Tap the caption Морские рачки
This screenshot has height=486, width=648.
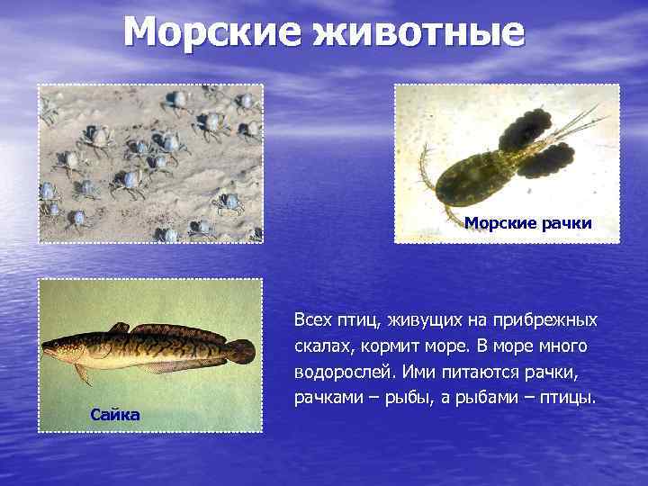pyautogui.click(x=528, y=223)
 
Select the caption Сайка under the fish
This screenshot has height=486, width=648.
pyautogui.click(x=115, y=414)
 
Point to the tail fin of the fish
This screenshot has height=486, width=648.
pyautogui.click(x=241, y=351)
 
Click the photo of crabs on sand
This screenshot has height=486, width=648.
pyautogui.click(x=150, y=163)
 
